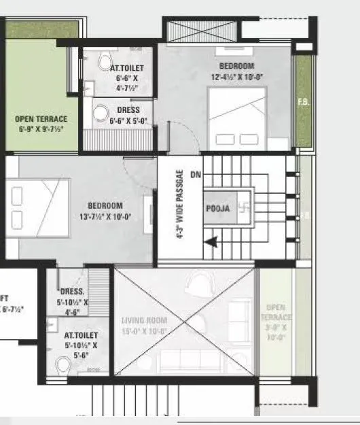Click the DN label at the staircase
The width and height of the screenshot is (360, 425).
pyautogui.click(x=196, y=175)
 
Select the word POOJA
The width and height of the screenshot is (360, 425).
pyautogui.click(x=217, y=209)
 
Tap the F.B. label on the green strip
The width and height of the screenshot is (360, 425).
pyautogui.click(x=303, y=103)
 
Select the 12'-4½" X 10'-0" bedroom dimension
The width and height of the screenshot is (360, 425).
pyautogui.click(x=236, y=77)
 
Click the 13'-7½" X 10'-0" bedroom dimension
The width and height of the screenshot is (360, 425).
pyautogui.click(x=104, y=217)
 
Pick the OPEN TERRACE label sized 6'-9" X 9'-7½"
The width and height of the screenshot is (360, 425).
pyautogui.click(x=41, y=123)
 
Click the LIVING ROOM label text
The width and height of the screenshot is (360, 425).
pyautogui.click(x=144, y=320)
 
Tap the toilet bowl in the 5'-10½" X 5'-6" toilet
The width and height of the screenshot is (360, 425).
pyautogui.click(x=63, y=366)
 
